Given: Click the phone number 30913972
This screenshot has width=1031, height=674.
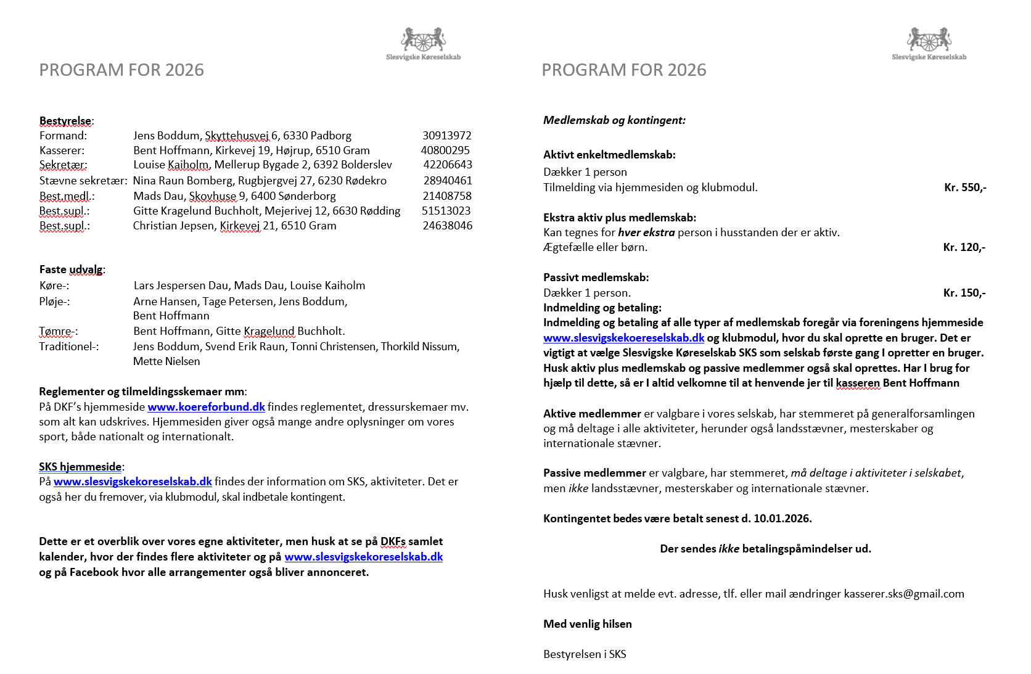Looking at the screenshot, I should coord(446,136).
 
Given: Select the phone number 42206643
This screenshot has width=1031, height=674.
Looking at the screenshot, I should coord(447,165).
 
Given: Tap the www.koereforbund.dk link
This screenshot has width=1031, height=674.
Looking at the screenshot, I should coord(206,407).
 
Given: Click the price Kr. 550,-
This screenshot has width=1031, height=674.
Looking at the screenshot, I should coord(965,187).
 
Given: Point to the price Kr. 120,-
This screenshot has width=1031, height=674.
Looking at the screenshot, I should coord(964,247).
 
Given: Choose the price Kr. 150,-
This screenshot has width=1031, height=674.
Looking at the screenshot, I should coord(964,293).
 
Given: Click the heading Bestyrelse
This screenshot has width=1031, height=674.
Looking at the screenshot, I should coord(66,121).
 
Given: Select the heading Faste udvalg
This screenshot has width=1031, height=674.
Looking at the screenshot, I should coord(72,269).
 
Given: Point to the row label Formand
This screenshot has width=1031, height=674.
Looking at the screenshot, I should coord(63,136).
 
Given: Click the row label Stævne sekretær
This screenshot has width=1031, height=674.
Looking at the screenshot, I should coord(83,181).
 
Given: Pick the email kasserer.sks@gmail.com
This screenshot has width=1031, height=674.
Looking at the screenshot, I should coord(904,594).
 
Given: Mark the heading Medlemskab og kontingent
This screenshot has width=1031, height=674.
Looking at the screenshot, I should coord(614,120).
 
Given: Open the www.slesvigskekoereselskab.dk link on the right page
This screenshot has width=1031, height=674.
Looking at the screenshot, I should coord(623,338).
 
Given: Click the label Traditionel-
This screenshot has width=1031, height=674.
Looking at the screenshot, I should coord(68,347).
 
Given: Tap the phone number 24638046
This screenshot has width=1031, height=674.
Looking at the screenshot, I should coord(447,226).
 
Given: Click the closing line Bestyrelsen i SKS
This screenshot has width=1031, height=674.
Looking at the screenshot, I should coord(584,654).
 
